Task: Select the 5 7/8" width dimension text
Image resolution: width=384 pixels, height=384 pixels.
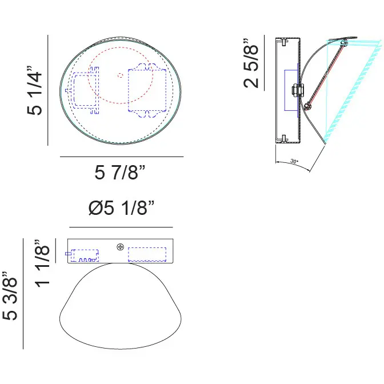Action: click(120, 173)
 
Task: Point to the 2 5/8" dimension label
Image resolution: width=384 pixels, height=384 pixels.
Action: click(251, 63)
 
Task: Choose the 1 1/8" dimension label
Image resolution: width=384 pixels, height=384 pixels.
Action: click(42, 263)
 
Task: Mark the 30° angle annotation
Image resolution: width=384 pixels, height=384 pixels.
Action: click(294, 161)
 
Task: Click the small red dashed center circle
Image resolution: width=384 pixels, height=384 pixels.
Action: click(120, 75)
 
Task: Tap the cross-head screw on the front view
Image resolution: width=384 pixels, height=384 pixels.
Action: click(120, 247)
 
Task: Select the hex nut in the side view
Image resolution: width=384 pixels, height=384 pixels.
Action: click(298, 90)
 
